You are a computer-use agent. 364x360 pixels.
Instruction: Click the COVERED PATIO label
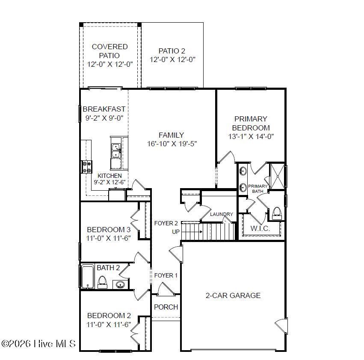click(109, 51)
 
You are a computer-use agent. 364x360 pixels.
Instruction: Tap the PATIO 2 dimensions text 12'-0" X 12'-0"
click(172, 60)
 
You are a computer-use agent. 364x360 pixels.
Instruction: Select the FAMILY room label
click(171, 135)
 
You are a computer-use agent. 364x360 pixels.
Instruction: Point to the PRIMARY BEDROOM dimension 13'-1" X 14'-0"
click(251, 137)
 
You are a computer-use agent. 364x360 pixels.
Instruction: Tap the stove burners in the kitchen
click(87, 166)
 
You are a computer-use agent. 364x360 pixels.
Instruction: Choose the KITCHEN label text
click(109, 176)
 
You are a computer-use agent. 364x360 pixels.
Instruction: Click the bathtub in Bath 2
click(88, 276)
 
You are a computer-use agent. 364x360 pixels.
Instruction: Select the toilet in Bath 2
click(102, 282)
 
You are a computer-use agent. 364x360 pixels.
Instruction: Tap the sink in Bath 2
click(120, 284)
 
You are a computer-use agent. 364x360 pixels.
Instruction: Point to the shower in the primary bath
click(277, 175)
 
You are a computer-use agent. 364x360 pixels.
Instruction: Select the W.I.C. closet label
click(260, 229)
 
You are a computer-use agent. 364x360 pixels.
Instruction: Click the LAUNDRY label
click(222, 214)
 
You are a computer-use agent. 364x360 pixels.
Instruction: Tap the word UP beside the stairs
click(176, 232)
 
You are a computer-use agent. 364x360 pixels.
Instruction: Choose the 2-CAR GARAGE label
click(233, 295)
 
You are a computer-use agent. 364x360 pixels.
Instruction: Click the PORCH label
click(166, 307)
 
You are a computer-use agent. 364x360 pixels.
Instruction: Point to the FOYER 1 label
click(166, 275)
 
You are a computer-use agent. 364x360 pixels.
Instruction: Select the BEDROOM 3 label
click(109, 229)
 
